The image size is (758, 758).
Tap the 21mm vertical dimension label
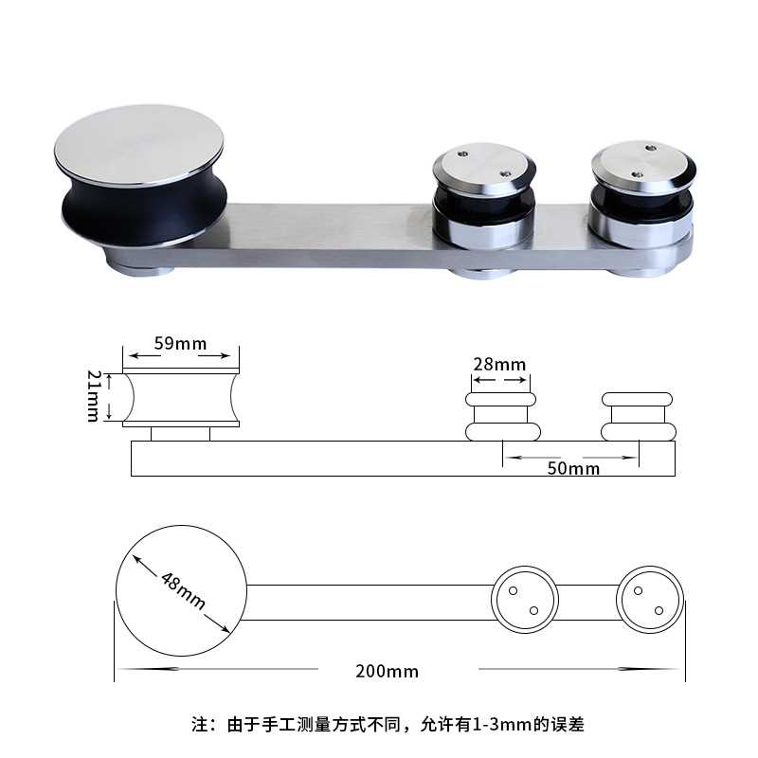[x=95, y=397]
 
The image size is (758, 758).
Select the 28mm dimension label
[x=499, y=365]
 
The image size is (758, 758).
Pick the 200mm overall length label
[x=387, y=671]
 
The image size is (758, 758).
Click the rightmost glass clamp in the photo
[x=641, y=199]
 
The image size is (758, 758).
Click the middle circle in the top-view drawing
[x=524, y=601]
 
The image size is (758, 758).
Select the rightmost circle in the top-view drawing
[x=651, y=601]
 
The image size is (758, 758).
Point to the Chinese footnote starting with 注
[x=387, y=726]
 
